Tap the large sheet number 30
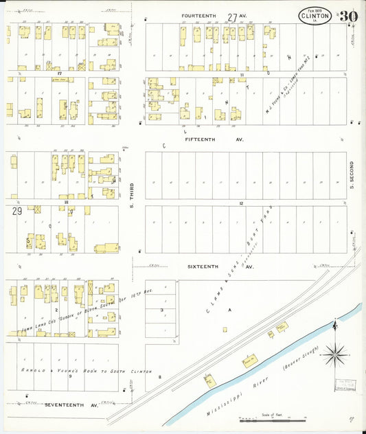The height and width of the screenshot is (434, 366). tap(347, 15)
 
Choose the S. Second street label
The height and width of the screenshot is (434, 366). tap(351, 175)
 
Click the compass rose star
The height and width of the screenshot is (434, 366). tap(335, 355)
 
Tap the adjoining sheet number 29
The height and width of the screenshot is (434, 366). tap(16, 212)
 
